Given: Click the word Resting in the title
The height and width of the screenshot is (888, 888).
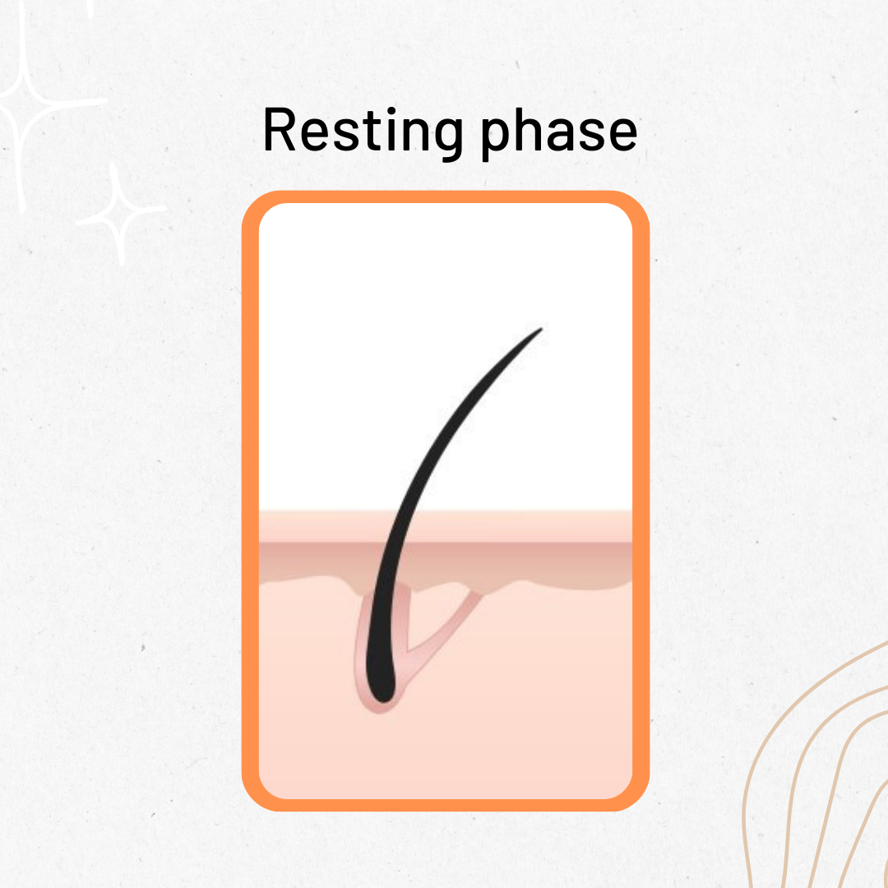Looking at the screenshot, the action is pos(363,132).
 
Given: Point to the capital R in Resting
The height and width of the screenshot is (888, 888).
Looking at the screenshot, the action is pos(280,130).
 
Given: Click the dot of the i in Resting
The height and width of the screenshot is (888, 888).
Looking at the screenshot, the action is pos(391,111).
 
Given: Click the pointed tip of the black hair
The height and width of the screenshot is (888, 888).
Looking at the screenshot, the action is pos(541,329).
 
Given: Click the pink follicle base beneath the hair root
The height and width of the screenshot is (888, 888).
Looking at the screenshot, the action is pos(379,708).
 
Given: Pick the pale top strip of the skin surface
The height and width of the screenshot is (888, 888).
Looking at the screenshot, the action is pos(510,526).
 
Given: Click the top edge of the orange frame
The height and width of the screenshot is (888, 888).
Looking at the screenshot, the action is pos(445,197).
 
